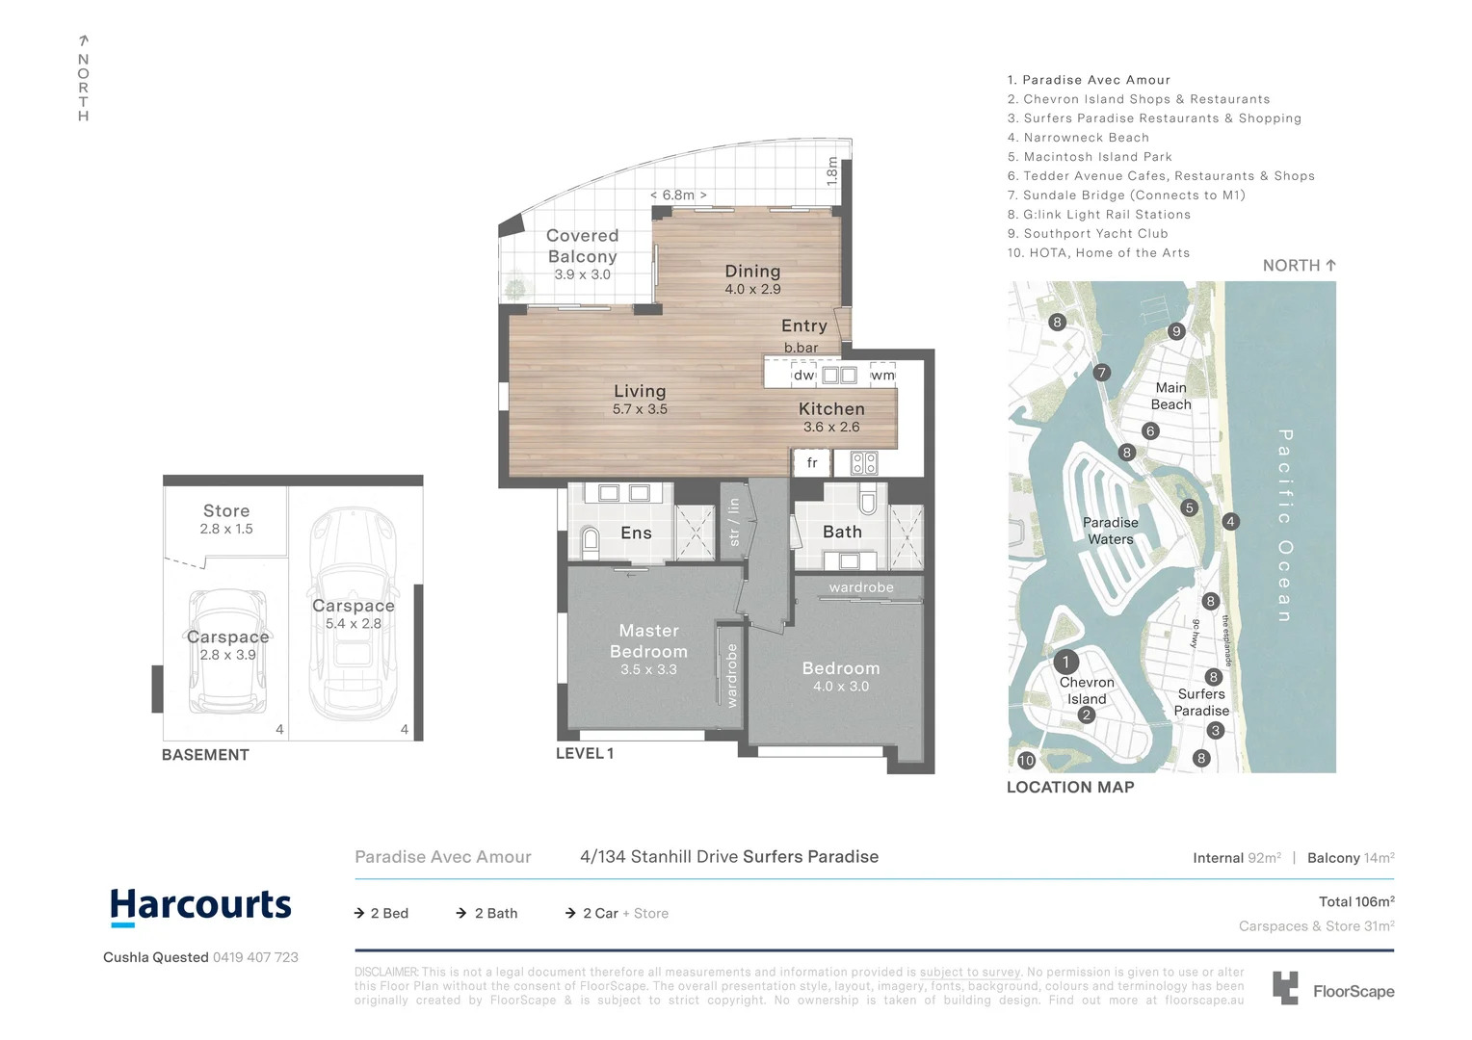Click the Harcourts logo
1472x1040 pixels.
pos(200,906)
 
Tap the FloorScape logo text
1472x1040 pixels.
pos(1353,991)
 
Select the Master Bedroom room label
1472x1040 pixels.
pos(648,641)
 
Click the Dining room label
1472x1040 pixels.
pos(752,272)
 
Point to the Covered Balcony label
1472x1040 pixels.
pos(582,246)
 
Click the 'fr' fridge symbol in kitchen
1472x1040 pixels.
pos(812,463)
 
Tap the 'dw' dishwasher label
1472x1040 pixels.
pos(803,375)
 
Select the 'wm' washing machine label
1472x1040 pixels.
pos(882,375)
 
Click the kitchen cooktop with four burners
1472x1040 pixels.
pos(864,463)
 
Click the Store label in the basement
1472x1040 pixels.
pos(226,511)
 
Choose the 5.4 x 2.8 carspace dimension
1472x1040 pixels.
pos(353,624)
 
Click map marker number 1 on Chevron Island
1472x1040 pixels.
pos(1065,662)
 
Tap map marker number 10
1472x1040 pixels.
pos(1026,760)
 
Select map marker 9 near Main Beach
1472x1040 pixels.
pos(1175,331)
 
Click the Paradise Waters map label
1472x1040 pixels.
pos(1110,531)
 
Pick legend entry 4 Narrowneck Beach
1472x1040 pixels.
pos(1078,138)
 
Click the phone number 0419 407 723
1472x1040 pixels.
pos(255,957)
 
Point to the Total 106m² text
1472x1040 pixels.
pos(1356,901)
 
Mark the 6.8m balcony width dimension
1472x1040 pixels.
pos(678,195)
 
